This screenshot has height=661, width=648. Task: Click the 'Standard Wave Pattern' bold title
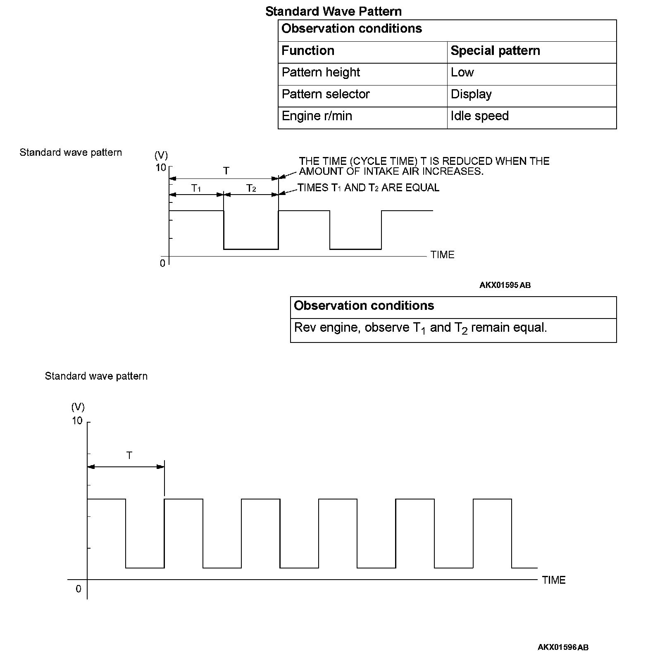pyautogui.click(x=333, y=11)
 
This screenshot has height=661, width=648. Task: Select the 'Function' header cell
pyautogui.click(x=307, y=51)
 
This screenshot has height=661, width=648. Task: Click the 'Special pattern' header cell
pyautogui.click(x=495, y=51)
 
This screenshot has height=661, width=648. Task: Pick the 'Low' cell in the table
pyautogui.click(x=462, y=73)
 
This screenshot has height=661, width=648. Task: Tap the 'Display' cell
pyautogui.click(x=471, y=95)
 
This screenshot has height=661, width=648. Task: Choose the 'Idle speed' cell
pyautogui.click(x=479, y=116)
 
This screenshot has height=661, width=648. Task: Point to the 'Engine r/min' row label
pyautogui.click(x=317, y=116)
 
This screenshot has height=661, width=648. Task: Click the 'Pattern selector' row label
pyautogui.click(x=325, y=95)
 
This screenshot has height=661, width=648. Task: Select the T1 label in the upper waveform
pyautogui.click(x=196, y=188)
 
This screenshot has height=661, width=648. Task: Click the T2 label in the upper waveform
pyautogui.click(x=251, y=188)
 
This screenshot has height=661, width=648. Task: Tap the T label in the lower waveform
pyautogui.click(x=129, y=456)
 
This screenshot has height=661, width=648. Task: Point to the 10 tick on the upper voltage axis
pyautogui.click(x=161, y=168)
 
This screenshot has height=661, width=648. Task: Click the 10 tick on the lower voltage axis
pyautogui.click(x=77, y=421)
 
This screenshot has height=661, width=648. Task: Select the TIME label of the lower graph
pyautogui.click(x=553, y=580)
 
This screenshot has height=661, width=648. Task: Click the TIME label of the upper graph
pyautogui.click(x=442, y=255)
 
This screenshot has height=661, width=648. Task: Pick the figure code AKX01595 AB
pyautogui.click(x=505, y=285)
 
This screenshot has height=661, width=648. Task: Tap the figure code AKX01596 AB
pyautogui.click(x=563, y=647)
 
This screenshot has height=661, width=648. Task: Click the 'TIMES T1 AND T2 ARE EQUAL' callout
pyautogui.click(x=368, y=188)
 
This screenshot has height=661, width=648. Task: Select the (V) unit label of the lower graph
pyautogui.click(x=78, y=407)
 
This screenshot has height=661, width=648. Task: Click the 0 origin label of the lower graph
pyautogui.click(x=79, y=589)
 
